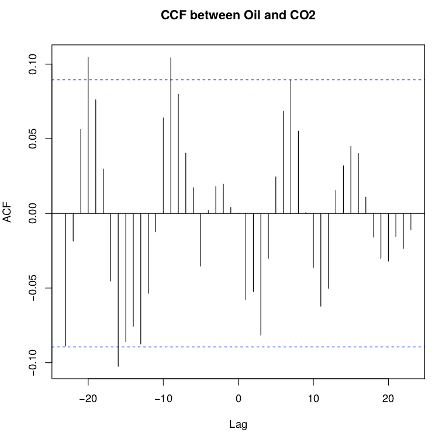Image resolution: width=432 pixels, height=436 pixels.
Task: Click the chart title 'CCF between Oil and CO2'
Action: click(x=238, y=16)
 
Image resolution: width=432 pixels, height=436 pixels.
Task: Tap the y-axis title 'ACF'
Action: click(x=8, y=213)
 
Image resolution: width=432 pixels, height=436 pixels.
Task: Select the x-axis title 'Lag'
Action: click(x=239, y=425)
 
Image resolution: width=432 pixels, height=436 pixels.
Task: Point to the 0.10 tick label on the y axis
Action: click(x=33, y=64)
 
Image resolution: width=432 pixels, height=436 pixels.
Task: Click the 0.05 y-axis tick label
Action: click(x=33, y=139)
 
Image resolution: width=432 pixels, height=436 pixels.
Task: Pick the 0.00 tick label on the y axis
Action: click(x=33, y=213)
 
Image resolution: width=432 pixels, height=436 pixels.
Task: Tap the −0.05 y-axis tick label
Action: click(x=33, y=288)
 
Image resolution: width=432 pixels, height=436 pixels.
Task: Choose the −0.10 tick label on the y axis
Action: click(x=33, y=363)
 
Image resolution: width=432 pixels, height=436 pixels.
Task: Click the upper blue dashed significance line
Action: click(x=351, y=79)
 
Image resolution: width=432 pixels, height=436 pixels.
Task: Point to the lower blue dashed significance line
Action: click(x=351, y=347)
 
